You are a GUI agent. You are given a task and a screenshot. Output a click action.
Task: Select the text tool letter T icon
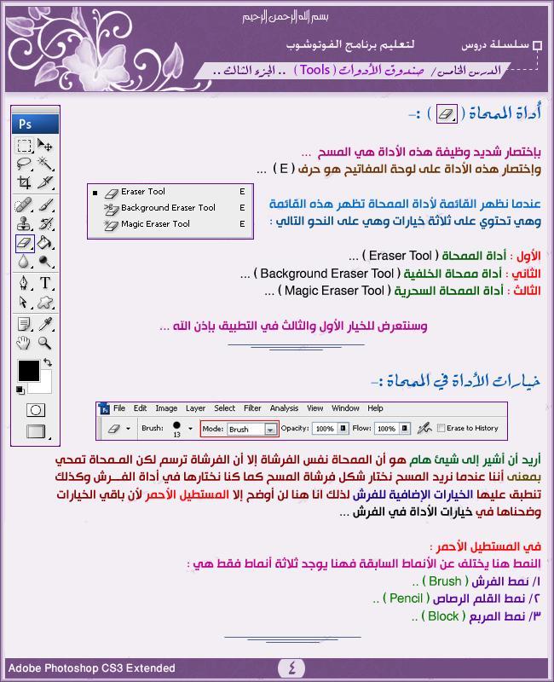point(45,283)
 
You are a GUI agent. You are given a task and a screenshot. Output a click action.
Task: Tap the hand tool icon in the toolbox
point(25,343)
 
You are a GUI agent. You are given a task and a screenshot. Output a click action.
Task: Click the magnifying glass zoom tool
point(45,343)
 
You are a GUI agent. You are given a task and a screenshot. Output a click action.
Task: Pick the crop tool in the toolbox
point(25,182)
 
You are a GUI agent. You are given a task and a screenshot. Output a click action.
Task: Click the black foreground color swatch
point(29,371)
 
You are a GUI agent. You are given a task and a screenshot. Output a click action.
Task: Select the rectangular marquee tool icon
point(25,146)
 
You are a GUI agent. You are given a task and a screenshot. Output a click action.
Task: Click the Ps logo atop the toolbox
point(26,124)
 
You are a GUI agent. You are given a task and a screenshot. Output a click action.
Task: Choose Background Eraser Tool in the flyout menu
point(168,208)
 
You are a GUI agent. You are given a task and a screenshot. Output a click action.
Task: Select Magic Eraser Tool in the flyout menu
point(155,224)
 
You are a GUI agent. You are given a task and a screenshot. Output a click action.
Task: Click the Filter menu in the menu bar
point(252,408)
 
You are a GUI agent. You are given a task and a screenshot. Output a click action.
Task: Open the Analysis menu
point(284,408)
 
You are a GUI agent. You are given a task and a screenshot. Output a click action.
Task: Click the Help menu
point(376,408)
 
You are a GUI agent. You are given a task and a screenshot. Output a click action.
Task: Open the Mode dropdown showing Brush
point(251,429)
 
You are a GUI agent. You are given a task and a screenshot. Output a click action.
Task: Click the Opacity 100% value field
point(323,429)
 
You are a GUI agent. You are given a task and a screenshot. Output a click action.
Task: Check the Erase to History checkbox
point(441,429)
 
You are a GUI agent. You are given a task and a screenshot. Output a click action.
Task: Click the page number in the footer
point(291,668)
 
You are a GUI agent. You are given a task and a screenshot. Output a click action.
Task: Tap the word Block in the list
point(443,616)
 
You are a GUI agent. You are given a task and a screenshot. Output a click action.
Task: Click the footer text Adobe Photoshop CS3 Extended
point(92,668)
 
